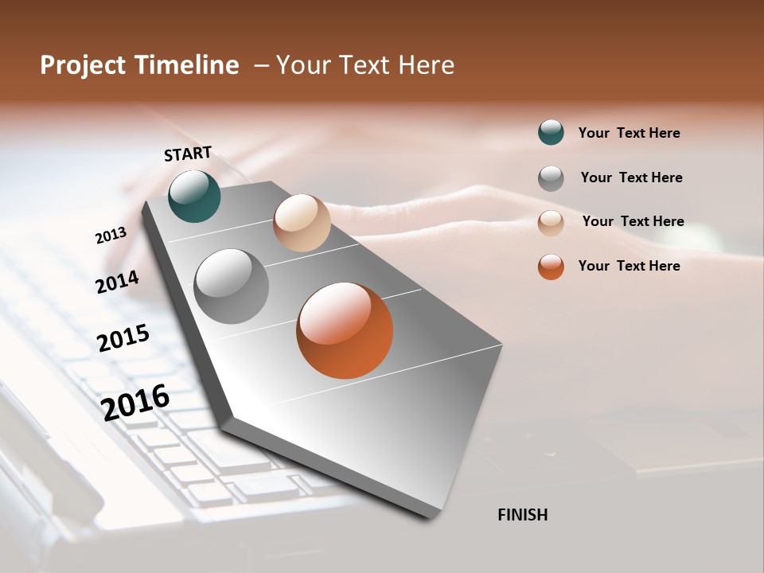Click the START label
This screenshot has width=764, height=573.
[188, 154]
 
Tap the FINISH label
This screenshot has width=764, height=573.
[523, 515]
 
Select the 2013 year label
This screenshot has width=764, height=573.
[111, 236]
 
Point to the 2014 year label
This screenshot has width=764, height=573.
[117, 282]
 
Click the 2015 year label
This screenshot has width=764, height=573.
[123, 338]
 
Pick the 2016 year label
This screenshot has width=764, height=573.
[135, 402]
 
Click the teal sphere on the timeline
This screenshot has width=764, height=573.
[194, 197]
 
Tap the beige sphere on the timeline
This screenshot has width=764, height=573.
[302, 223]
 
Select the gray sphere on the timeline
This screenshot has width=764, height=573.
[231, 286]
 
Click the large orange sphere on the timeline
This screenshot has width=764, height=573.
[345, 330]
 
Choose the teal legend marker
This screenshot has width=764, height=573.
[551, 133]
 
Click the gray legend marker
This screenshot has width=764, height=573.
[551, 178]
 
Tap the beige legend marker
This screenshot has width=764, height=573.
[551, 222]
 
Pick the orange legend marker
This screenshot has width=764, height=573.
[551, 267]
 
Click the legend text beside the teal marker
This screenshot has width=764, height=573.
[629, 133]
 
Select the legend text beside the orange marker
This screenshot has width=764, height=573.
[629, 266]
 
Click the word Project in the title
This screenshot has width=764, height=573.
[83, 65]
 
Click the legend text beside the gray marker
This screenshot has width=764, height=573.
[631, 177]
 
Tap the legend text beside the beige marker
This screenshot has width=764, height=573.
[633, 221]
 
